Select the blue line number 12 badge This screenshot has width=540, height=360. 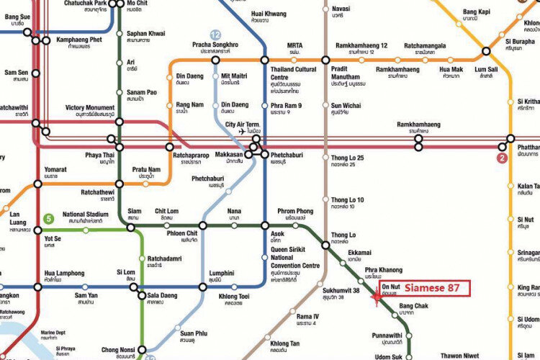click(x=215, y=35)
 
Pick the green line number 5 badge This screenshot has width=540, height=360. click(x=48, y=219)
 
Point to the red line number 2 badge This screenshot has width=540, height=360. click(x=502, y=157)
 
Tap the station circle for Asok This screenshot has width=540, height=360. click(x=265, y=226)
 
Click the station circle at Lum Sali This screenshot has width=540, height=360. click(x=487, y=51)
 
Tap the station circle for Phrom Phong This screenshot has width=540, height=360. click(x=295, y=226)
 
